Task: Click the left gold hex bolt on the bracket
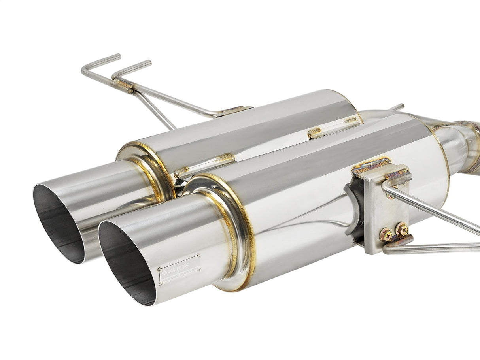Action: click(x=386, y=235)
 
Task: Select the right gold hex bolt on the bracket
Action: click(x=402, y=229)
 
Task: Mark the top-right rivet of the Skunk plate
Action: click(x=197, y=257)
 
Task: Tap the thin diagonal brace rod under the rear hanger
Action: click(x=158, y=111)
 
